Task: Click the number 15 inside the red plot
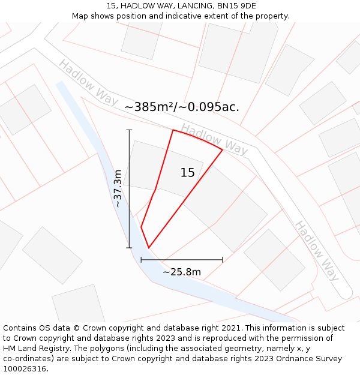pyautogui.click(x=187, y=173)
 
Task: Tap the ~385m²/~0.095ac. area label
pyautogui.click(x=182, y=107)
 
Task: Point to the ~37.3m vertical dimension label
pyautogui.click(x=118, y=188)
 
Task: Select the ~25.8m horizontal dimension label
pyautogui.click(x=182, y=272)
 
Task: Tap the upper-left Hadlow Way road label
pyautogui.click(x=88, y=82)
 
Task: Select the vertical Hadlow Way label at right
pyautogui.click(x=317, y=251)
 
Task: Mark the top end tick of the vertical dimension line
pyautogui.click(x=129, y=130)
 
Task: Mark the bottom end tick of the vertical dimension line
pyautogui.click(x=129, y=247)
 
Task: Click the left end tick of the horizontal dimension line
pyautogui.click(x=141, y=260)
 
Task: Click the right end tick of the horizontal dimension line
pyautogui.click(x=223, y=260)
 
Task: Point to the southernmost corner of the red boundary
pyautogui.click(x=148, y=248)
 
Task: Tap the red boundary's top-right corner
pyautogui.click(x=223, y=150)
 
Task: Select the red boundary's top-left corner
pyautogui.click(x=173, y=130)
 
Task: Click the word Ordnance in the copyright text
pyautogui.click(x=290, y=358)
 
